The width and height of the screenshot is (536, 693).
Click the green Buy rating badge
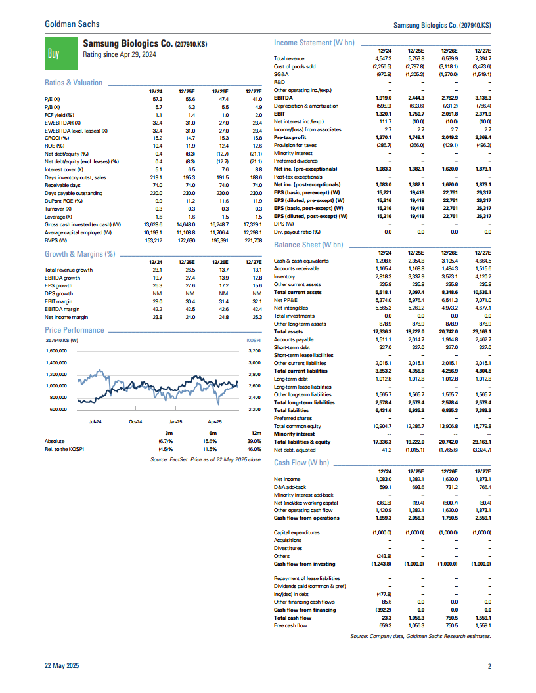[56, 50]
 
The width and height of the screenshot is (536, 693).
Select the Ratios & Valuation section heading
[74, 83]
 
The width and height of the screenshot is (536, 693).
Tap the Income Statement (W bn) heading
[314, 43]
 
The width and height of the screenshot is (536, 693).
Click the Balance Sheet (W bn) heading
[308, 245]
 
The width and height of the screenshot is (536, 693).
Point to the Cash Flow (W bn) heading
[303, 463]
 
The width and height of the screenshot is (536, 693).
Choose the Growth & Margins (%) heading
[79, 254]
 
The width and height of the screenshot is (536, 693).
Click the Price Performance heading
[74, 330]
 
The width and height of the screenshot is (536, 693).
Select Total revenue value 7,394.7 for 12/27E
[482, 59]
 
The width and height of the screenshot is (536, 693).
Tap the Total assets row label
[288, 332]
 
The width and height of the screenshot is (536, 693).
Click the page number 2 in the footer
[489, 667]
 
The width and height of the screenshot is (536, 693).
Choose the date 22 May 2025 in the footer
[61, 667]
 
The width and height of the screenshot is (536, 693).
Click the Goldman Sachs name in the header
[72, 24]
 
